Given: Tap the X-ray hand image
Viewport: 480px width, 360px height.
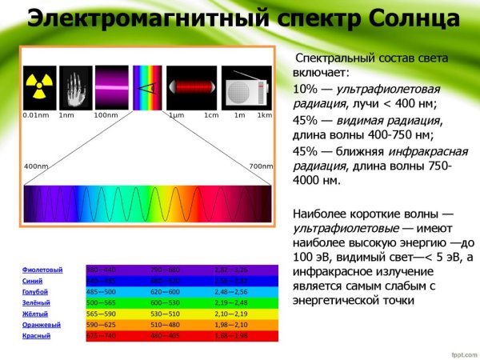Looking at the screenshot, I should coord(76,87).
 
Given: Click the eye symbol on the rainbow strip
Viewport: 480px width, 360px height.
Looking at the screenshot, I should coord(146,87).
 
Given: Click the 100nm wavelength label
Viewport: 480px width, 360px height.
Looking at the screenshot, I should coord(106,115).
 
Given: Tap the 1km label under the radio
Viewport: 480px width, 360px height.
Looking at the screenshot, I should coord(265,115).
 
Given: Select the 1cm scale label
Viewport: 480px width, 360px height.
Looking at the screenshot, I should coord(210,115).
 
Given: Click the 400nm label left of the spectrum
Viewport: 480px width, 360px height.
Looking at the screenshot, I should coord(36,166).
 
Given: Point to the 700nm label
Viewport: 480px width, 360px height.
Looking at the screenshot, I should coord(261,166).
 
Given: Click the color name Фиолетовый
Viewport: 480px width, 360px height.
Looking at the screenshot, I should coord(42,270).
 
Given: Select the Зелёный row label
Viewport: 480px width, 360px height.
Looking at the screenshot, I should coord(36,303).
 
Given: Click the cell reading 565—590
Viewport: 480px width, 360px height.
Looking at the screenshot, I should coord(101,314).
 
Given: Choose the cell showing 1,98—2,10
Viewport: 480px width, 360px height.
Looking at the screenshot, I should coord(232,325).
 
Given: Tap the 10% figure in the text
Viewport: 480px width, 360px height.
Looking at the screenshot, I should coord(305,87).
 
